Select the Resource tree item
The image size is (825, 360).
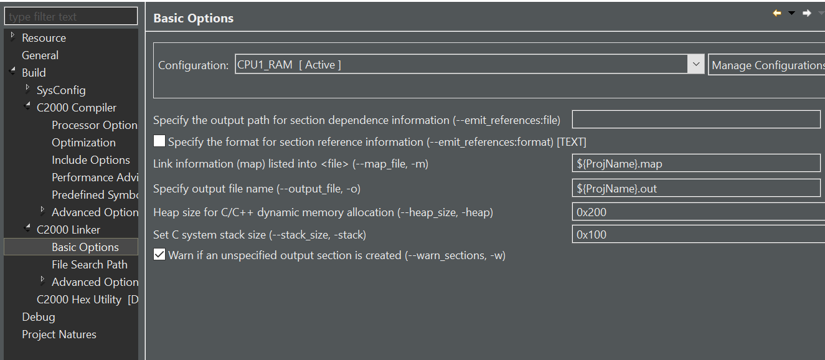pyautogui.click(x=44, y=38)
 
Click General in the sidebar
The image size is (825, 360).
pyautogui.click(x=40, y=55)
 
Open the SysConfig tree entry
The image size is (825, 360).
pyautogui.click(x=61, y=90)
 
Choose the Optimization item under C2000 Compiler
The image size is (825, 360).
pyautogui.click(x=83, y=143)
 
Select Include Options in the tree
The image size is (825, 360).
pyautogui.click(x=91, y=160)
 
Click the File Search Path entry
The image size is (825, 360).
pyautogui.click(x=90, y=265)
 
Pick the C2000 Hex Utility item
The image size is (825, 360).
pyautogui.click(x=79, y=300)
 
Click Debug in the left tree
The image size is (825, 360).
pyautogui.click(x=39, y=317)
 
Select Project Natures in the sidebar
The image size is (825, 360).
pyautogui.click(x=59, y=334)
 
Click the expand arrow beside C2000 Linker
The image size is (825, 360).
pyautogui.click(x=27, y=229)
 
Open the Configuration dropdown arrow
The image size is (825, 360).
pyautogui.click(x=695, y=65)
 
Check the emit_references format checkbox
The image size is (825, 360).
pyautogui.click(x=159, y=141)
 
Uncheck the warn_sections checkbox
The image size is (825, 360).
pyautogui.click(x=159, y=255)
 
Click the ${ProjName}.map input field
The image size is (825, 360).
pyautogui.click(x=695, y=164)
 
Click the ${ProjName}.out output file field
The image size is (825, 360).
pyautogui.click(x=695, y=188)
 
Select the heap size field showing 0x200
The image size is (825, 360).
pyautogui.click(x=697, y=212)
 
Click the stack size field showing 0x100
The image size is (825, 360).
pyautogui.click(x=697, y=235)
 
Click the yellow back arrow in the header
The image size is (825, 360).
pyautogui.click(x=777, y=13)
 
